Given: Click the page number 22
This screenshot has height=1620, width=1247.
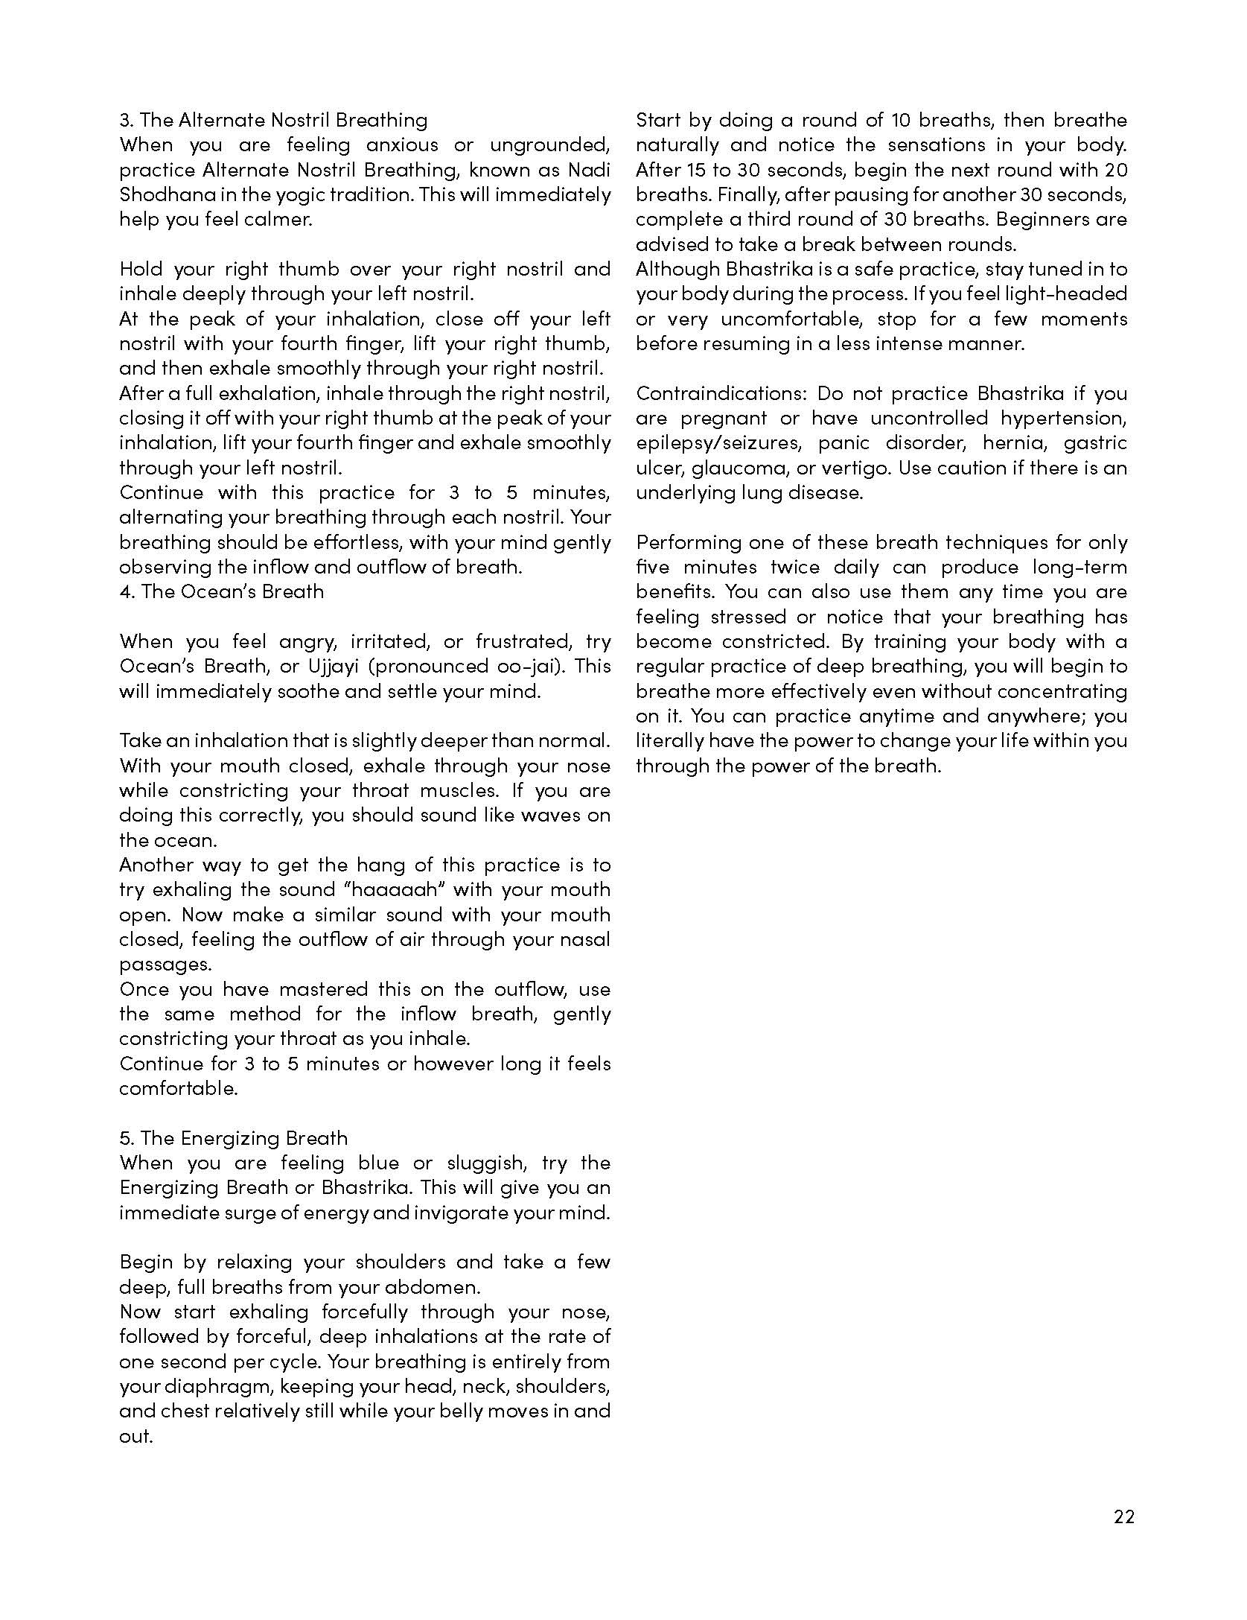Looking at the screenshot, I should pyautogui.click(x=1123, y=1516).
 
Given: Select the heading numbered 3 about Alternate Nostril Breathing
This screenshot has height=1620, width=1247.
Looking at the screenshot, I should pyautogui.click(x=273, y=120).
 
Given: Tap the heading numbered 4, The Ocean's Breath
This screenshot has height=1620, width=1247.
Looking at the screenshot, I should pyautogui.click(x=222, y=591).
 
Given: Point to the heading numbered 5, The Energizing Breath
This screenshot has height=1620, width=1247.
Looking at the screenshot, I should pyautogui.click(x=233, y=1138).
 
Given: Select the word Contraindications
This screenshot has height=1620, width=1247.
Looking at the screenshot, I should pyautogui.click(x=720, y=393).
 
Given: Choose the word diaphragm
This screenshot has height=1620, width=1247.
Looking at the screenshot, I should pyautogui.click(x=210, y=1386).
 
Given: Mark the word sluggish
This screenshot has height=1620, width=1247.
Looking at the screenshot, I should pyautogui.click(x=488, y=1163).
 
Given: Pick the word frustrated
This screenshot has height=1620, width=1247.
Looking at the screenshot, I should pyautogui.click(x=528, y=641).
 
